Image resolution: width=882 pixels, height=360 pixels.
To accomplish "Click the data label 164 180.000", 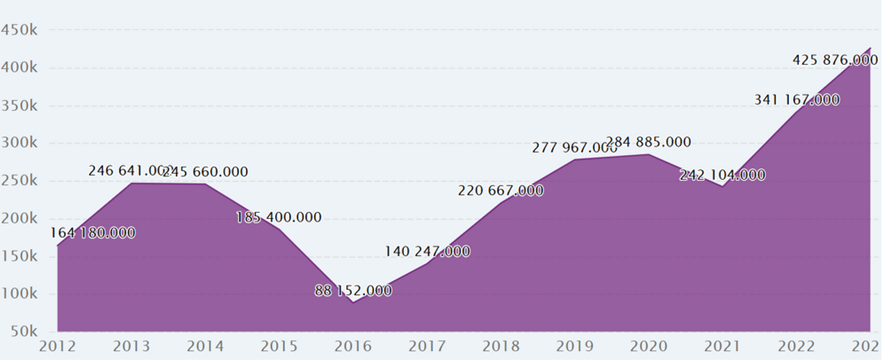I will click(92, 233).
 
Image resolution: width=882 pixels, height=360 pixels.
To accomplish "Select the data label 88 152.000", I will click(353, 291).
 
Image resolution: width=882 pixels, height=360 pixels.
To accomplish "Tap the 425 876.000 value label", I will click(835, 60).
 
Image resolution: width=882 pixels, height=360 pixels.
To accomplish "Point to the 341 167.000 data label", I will click(797, 100).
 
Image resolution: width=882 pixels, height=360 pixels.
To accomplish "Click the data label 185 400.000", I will click(279, 218).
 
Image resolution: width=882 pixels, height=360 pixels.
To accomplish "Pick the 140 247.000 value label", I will click(427, 252).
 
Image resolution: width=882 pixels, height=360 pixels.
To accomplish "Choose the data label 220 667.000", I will click(500, 190).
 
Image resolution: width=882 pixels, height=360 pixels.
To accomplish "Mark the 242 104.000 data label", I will click(722, 175).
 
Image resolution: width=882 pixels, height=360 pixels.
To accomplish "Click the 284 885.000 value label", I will click(648, 142).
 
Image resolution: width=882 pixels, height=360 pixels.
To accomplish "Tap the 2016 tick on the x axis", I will click(353, 346).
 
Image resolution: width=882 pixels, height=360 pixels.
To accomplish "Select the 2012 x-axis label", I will click(58, 346).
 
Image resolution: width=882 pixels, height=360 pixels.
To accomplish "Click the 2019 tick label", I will click(575, 346).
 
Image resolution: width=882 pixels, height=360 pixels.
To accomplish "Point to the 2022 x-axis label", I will click(797, 346).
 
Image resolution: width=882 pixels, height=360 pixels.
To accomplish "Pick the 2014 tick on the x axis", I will click(205, 346).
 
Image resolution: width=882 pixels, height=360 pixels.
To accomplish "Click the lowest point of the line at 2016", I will click(353, 302).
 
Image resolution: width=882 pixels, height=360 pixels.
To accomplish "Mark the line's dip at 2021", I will click(722, 186).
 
